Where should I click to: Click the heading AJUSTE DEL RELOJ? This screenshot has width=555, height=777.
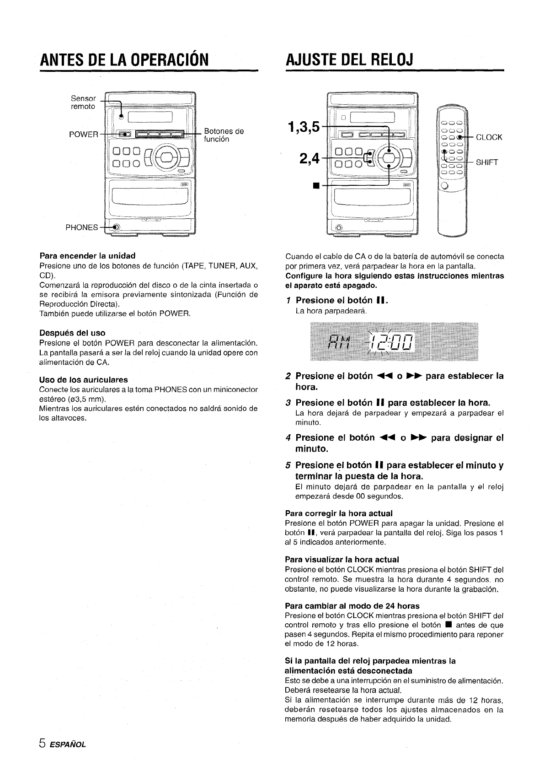tap(348, 59)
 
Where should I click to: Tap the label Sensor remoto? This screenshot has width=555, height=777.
tap(83, 103)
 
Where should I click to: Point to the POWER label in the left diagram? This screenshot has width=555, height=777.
tap(84, 134)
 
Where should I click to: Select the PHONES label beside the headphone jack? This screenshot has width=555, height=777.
tap(82, 227)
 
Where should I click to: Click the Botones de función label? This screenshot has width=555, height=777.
tap(224, 135)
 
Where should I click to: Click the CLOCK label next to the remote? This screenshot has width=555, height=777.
tap(489, 137)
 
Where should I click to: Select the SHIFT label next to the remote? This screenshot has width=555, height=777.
tap(487, 162)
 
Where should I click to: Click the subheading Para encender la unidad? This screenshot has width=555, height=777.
tap(87, 255)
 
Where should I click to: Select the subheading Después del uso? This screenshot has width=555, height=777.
tap(72, 333)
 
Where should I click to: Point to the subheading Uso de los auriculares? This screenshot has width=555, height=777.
tap(84, 379)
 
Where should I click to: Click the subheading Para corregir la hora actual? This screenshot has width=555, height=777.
tap(339, 513)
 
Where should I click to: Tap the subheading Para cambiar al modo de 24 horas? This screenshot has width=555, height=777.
tap(352, 606)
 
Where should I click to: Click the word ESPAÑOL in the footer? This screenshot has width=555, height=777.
tap(68, 744)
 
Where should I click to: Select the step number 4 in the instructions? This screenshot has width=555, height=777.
tap(288, 438)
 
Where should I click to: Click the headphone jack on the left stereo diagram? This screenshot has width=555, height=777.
tap(117, 227)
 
